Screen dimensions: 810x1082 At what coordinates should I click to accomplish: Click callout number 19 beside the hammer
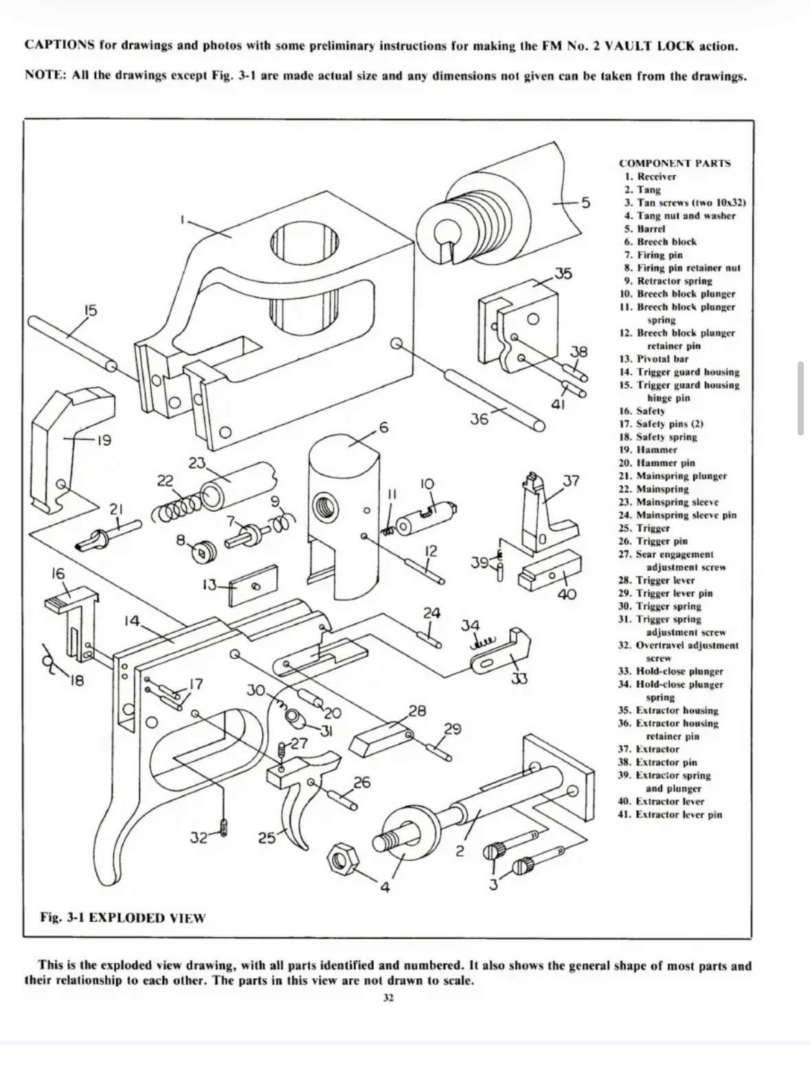104,440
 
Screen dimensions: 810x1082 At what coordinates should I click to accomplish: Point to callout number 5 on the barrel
585,203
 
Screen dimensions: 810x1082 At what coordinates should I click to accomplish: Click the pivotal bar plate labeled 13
253,585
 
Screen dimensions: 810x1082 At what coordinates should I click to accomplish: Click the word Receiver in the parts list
657,177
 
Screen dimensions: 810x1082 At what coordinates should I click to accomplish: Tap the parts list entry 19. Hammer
648,449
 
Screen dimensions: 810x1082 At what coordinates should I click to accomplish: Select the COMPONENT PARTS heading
675,164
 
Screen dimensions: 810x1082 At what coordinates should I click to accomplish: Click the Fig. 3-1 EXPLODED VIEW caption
123,918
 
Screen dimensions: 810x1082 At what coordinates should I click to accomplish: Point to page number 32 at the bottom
388,998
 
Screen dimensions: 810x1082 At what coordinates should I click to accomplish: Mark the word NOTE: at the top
45,76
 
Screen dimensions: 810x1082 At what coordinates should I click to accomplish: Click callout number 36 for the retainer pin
479,419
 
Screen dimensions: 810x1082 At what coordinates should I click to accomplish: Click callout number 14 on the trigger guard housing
132,620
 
